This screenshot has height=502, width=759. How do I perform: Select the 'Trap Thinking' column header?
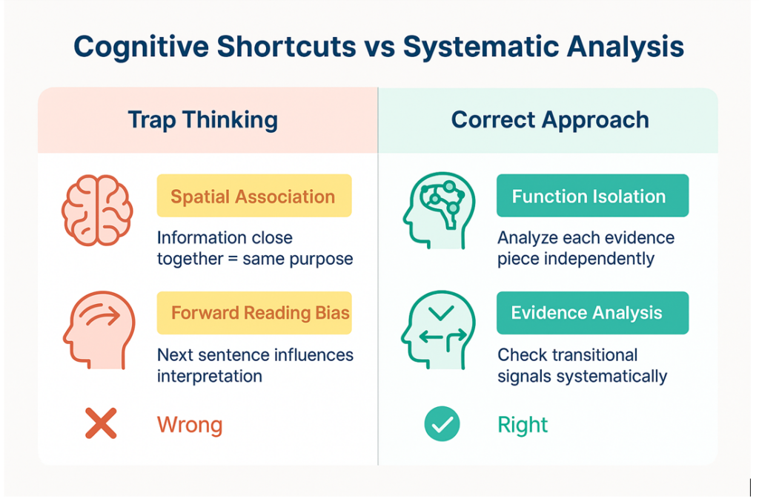tap(202, 120)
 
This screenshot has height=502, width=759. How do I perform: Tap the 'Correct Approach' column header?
tap(549, 120)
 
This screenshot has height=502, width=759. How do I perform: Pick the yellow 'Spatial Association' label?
tap(253, 196)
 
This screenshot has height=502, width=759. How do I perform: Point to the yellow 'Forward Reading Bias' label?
tap(253, 312)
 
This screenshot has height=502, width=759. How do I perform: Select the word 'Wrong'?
tap(189, 426)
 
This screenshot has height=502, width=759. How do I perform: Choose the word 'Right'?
tap(523, 426)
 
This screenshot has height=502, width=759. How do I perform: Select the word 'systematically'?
tap(607, 376)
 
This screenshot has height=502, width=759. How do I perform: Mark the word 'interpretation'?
tap(209, 376)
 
